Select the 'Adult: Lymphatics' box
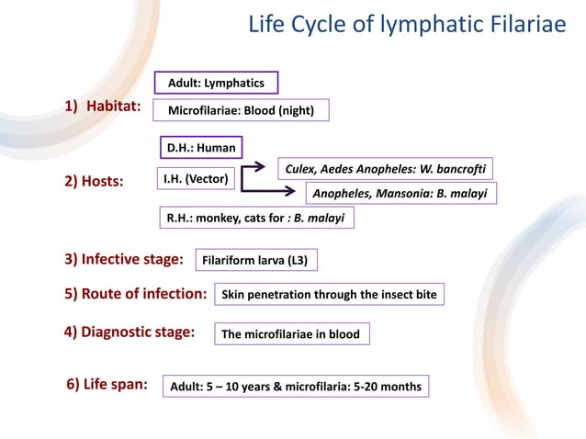click(x=216, y=84)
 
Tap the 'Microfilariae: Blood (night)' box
click(x=241, y=111)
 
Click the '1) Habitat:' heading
click(x=101, y=107)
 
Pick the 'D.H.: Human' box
click(x=200, y=147)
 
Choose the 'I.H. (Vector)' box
click(x=196, y=178)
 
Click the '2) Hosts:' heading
click(x=95, y=182)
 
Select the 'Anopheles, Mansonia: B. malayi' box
click(x=400, y=194)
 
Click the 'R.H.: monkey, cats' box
click(x=255, y=219)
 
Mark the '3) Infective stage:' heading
click(x=124, y=259)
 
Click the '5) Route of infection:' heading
click(x=135, y=294)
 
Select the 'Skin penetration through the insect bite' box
click(x=330, y=295)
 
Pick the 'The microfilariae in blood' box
click(x=291, y=334)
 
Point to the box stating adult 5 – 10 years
click(x=296, y=387)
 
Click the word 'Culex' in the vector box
click(x=302, y=169)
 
